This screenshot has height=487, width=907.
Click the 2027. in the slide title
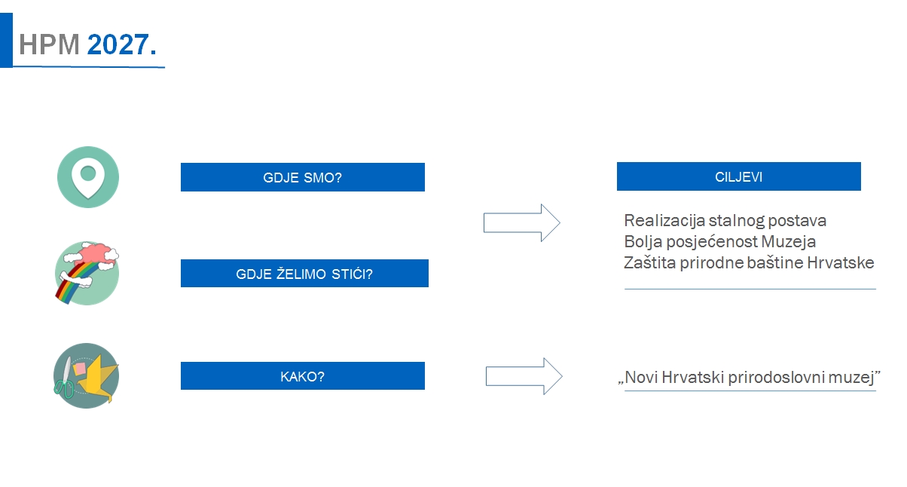click(x=121, y=44)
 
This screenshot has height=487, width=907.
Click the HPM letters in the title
click(x=49, y=44)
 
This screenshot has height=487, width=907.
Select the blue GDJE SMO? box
click(x=303, y=177)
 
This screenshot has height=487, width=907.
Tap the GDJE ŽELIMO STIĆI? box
click(x=304, y=274)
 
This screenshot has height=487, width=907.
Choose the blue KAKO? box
click(x=303, y=376)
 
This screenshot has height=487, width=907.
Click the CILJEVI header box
click(x=738, y=176)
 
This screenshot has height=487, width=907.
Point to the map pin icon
click(x=88, y=177)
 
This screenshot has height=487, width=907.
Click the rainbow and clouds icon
click(x=87, y=273)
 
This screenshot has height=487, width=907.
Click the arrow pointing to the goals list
click(x=522, y=223)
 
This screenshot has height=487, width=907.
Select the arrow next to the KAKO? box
click(x=524, y=376)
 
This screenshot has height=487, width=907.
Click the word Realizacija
click(x=664, y=221)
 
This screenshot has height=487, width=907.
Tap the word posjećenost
click(x=712, y=242)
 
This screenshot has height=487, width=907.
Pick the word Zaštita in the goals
click(x=649, y=262)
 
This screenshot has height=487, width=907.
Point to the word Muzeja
click(x=789, y=242)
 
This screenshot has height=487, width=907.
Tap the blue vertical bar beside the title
click(x=6, y=40)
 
